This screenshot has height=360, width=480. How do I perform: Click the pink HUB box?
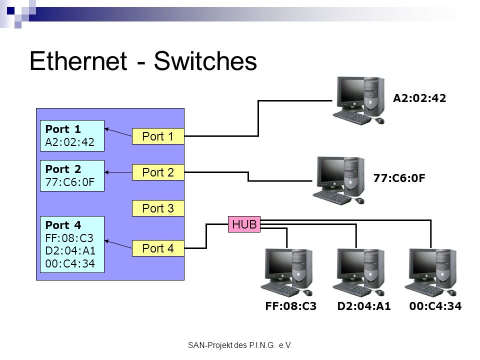(244, 224)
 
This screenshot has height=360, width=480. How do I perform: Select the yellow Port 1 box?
(158, 136)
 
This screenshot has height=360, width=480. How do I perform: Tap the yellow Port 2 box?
(158, 172)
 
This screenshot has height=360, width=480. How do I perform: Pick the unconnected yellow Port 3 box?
(158, 208)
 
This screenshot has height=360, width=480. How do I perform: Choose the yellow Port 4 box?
(158, 248)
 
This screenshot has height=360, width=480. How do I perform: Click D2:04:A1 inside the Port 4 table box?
(70, 250)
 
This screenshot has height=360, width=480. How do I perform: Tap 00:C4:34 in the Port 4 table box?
(70, 263)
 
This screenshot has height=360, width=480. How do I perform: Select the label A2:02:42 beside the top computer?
(419, 98)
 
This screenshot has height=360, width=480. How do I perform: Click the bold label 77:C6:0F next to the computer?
(399, 178)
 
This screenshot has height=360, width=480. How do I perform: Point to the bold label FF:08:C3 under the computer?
(291, 306)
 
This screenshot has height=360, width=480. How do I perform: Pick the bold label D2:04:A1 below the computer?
(364, 306)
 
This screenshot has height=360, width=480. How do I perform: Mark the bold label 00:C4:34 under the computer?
(435, 306)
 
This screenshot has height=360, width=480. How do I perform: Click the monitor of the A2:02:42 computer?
(351, 92)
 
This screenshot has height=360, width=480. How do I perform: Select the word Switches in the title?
(205, 61)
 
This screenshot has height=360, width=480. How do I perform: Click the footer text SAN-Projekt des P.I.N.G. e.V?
(240, 345)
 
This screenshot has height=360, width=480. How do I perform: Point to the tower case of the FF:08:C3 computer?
(302, 269)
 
